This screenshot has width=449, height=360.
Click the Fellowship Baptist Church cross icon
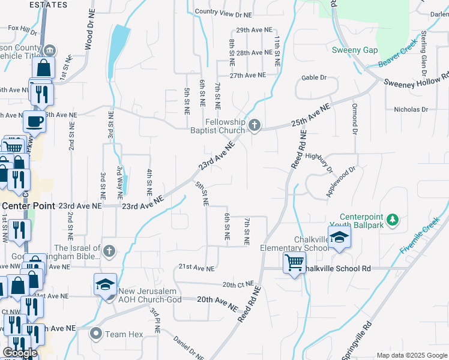(x=255, y=125)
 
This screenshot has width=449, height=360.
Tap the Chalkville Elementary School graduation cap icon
(x=339, y=236)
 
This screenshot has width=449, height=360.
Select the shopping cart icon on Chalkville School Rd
(x=294, y=262)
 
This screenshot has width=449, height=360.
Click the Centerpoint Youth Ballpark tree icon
(x=393, y=220)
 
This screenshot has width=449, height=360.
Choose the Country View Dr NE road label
(x=223, y=12)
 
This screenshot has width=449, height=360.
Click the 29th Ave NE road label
(x=251, y=30)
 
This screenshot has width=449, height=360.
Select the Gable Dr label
(x=314, y=77)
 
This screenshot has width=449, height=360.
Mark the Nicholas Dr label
(x=411, y=110)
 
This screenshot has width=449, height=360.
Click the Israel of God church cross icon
(x=109, y=250)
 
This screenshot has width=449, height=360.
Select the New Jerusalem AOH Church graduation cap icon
(x=105, y=284)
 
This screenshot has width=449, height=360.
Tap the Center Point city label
(x=28, y=205)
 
